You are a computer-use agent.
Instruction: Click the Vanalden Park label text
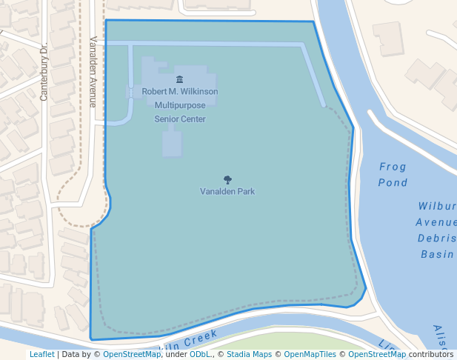(227, 191)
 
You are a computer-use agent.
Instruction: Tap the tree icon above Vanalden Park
(227, 180)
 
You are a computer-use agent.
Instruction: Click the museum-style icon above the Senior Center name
(179, 79)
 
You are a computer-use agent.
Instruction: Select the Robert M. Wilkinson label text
(180, 92)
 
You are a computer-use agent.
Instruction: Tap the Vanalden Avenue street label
(93, 72)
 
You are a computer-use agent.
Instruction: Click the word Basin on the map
(437, 254)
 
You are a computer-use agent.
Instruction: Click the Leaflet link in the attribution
(41, 354)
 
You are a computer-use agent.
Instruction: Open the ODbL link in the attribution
(199, 354)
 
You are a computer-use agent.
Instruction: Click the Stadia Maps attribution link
(249, 354)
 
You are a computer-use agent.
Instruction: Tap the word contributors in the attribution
(431, 354)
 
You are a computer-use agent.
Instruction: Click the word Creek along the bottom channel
(200, 339)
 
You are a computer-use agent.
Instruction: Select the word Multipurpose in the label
(180, 105)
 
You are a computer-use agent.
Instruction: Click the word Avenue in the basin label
(436, 222)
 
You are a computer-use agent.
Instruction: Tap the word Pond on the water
(393, 182)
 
